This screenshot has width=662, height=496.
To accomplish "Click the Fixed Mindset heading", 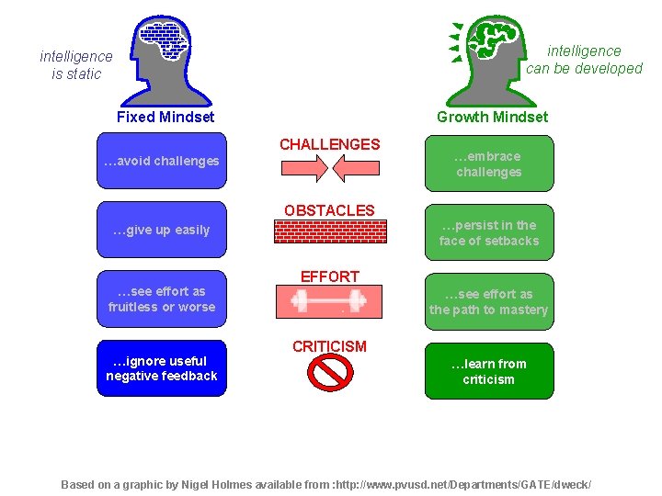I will (x=165, y=117).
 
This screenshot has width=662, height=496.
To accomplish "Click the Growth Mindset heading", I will (x=492, y=117).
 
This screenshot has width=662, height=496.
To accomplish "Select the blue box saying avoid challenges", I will (x=161, y=162).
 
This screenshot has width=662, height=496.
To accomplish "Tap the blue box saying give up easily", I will (x=161, y=230).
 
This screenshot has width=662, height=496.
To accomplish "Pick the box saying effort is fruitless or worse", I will (x=161, y=299).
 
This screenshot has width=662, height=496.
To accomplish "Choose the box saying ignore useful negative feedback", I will (x=161, y=368).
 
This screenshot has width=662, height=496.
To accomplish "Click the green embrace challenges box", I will (x=489, y=164).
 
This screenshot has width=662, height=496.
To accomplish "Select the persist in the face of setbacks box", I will (x=489, y=233).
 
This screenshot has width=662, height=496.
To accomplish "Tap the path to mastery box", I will (x=489, y=302).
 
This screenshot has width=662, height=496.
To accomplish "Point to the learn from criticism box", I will (x=489, y=371).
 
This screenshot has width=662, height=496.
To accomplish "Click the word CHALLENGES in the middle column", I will (x=329, y=144).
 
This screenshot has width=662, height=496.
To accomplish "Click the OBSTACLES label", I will (x=329, y=210).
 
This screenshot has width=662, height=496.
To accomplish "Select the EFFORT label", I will (x=329, y=276).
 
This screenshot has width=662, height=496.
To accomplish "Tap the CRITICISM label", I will (x=329, y=346).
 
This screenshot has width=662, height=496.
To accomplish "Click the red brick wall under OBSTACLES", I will (x=329, y=231).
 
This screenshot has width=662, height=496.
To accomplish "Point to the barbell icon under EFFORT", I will (x=329, y=299).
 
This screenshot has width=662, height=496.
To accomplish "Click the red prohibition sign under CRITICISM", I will (x=329, y=372).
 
